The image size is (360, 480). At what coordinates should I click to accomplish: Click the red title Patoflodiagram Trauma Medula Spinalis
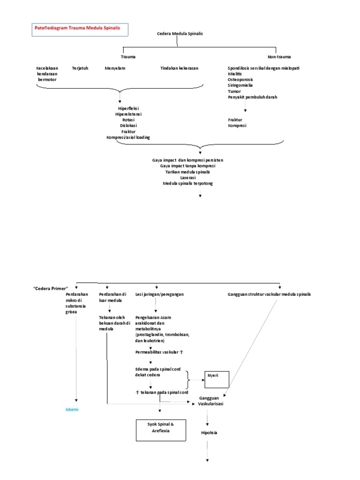[x=77, y=28]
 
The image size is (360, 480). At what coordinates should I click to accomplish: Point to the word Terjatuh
[x=80, y=68]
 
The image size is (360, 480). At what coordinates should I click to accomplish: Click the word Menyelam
[x=115, y=68]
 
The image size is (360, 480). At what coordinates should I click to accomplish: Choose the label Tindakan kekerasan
[x=179, y=68]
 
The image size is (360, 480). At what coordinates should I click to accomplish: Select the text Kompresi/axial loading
[x=128, y=137]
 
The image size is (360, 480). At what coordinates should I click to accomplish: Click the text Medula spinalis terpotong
[x=187, y=183]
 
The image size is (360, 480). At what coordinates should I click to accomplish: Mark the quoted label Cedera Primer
[x=51, y=288]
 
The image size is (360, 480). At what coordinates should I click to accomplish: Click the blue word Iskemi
[x=72, y=409]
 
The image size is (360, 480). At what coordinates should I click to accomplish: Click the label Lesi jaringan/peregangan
[x=159, y=294]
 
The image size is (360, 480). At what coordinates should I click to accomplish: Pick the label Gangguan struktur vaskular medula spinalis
[x=269, y=294]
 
